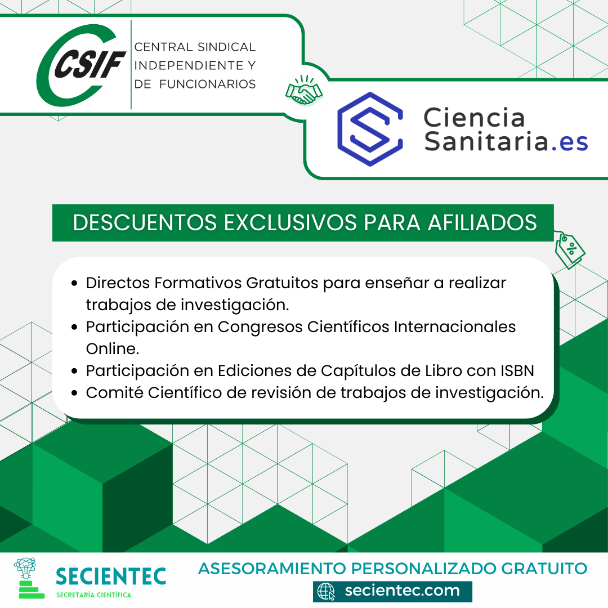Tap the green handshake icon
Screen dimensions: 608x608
[x=304, y=91]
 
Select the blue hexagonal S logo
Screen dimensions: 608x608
[x=370, y=129]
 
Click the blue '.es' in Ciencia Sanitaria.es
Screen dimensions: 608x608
[x=569, y=142]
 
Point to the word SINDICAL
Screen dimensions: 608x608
[x=226, y=47]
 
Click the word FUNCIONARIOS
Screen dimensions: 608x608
[x=207, y=84]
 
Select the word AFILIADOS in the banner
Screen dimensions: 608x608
[x=482, y=222]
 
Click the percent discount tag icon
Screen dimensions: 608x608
[x=569, y=250]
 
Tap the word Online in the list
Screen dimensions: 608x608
[x=113, y=348]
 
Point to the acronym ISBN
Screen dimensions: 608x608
[x=517, y=370]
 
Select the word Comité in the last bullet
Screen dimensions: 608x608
[x=114, y=392]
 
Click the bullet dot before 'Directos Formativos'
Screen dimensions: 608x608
[x=74, y=283]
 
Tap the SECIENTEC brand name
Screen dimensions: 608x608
[x=111, y=576]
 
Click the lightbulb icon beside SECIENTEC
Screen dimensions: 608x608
[x=25, y=569]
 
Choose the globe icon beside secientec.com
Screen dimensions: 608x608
[x=326, y=591]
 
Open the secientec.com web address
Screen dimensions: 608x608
[x=402, y=591]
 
